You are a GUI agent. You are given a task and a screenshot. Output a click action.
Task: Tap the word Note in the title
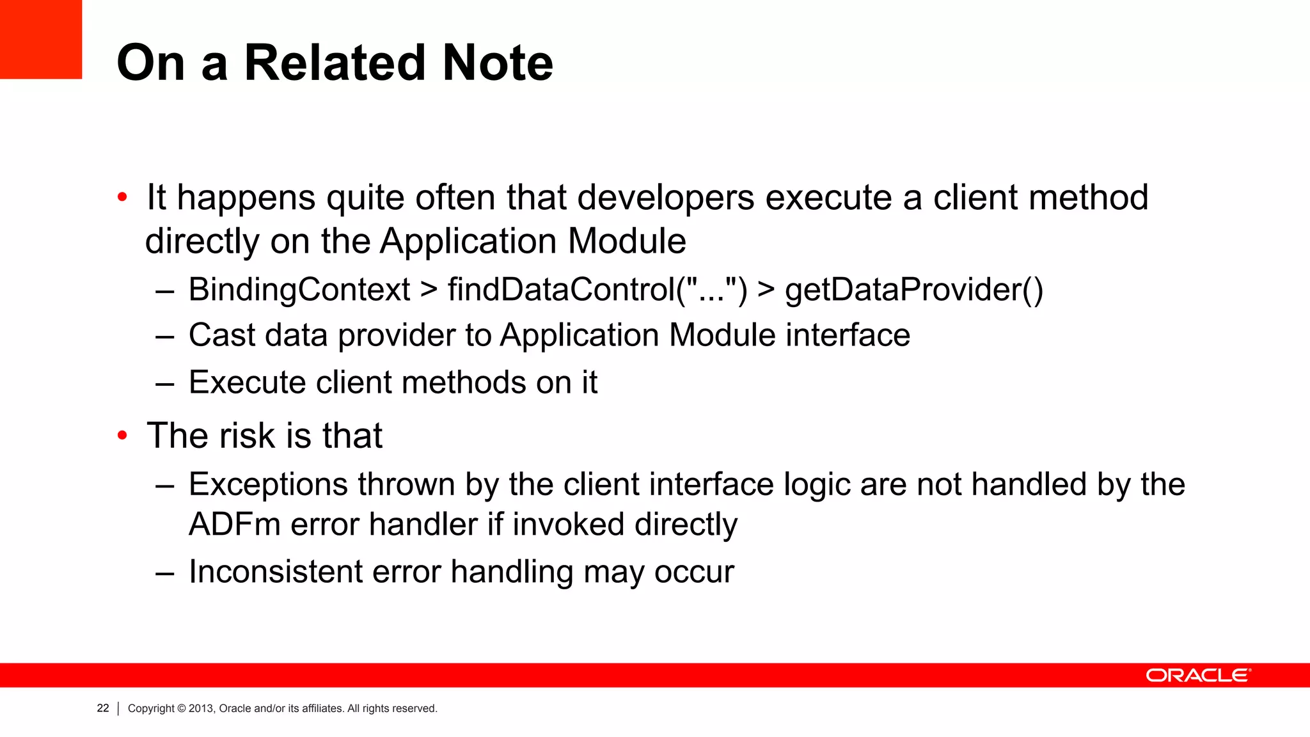tap(498, 63)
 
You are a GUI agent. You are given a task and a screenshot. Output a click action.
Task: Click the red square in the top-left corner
tap(40, 38)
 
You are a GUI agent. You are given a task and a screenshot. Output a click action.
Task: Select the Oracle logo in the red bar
tap(1197, 676)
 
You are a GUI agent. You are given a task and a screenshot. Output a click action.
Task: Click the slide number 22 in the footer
tap(103, 708)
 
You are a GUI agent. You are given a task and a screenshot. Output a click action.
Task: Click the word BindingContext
tap(299, 290)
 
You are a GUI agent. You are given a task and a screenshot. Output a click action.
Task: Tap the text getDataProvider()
tap(914, 290)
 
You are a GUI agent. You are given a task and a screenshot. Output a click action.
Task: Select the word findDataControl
tap(562, 290)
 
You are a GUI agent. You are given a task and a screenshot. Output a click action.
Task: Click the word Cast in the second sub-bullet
tap(221, 335)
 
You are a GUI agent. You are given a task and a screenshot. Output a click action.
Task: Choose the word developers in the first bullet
tap(666, 198)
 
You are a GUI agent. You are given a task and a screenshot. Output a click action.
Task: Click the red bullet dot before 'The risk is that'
tap(123, 436)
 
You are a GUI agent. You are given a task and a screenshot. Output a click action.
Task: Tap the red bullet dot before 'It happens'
tap(123, 198)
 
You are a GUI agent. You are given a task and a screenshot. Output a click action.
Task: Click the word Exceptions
tap(268, 484)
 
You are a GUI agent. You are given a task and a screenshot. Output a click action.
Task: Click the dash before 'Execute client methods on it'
tap(165, 383)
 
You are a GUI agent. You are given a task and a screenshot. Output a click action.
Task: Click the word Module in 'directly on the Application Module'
tap(627, 242)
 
